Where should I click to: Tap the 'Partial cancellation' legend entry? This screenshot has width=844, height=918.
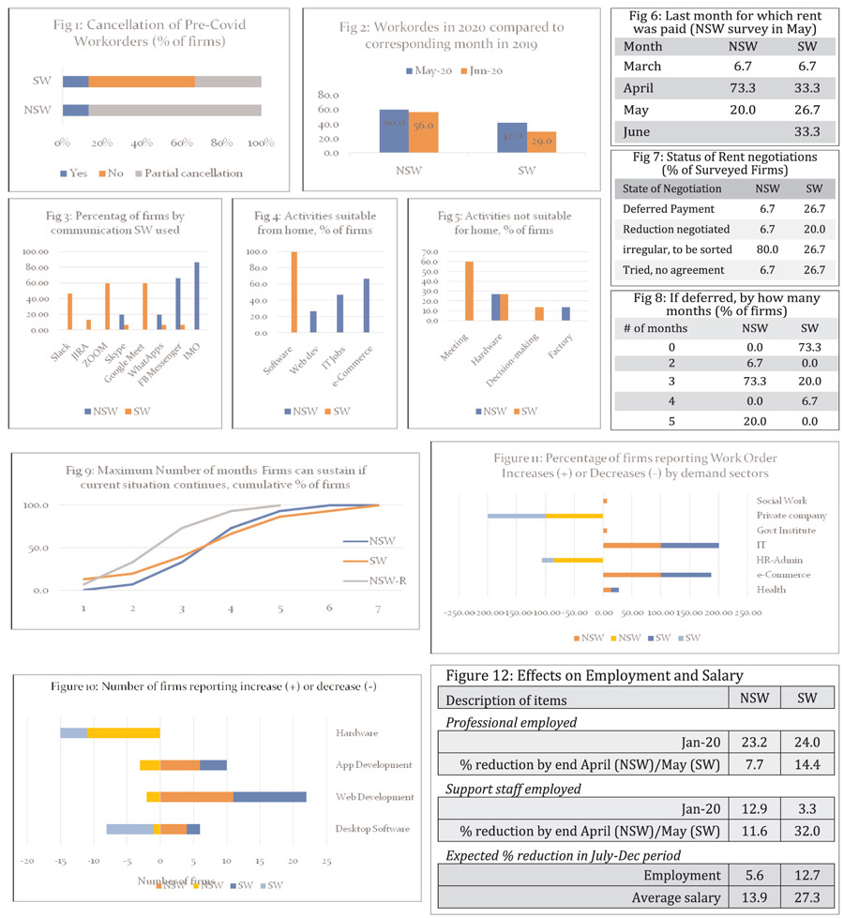[189, 173]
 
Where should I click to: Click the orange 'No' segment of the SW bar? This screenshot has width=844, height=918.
[142, 82]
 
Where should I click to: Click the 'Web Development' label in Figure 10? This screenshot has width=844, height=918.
[375, 797]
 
